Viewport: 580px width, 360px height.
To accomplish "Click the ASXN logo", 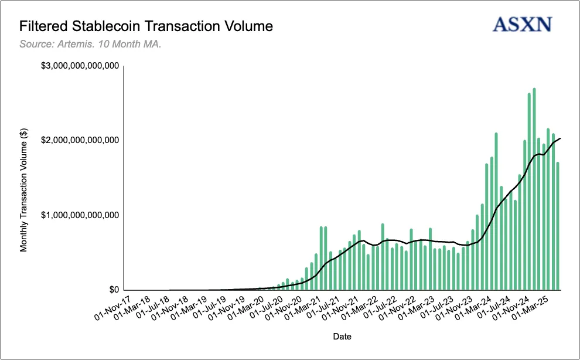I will [x=523, y=24].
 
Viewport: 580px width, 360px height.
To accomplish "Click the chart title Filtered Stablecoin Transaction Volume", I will [x=146, y=26].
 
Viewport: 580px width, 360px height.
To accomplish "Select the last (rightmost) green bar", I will [x=558, y=226].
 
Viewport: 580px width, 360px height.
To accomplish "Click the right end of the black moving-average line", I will [x=561, y=138].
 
